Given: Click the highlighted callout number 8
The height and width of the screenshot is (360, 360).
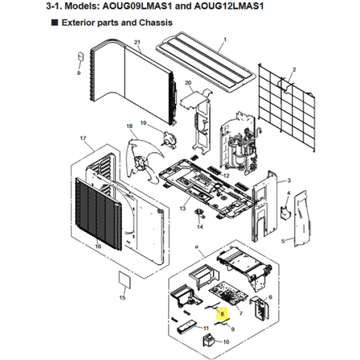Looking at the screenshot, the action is [x=222, y=314].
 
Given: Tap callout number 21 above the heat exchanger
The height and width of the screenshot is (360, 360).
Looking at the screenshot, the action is [x=138, y=42].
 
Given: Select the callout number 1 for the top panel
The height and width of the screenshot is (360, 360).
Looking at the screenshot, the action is [x=225, y=40].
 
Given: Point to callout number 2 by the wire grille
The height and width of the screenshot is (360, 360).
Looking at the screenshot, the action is [x=294, y=70].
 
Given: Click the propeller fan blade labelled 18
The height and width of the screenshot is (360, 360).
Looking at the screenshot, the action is [x=143, y=160].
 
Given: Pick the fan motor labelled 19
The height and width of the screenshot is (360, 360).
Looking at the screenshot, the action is [x=169, y=138].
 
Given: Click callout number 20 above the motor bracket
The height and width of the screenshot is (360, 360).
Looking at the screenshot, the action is [x=188, y=83].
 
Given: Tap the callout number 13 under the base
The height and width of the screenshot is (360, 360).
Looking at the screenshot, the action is [x=182, y=208].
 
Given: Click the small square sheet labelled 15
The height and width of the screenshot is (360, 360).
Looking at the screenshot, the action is [x=125, y=280].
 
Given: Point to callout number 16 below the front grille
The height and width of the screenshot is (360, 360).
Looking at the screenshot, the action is [x=98, y=246].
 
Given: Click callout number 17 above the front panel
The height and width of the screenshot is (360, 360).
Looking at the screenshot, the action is [x=83, y=138].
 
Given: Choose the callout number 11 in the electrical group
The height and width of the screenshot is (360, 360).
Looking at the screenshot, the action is [x=206, y=329].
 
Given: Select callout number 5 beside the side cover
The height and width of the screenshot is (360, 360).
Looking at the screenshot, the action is [x=283, y=241].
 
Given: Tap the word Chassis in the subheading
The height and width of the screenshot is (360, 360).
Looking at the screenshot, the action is [x=156, y=23].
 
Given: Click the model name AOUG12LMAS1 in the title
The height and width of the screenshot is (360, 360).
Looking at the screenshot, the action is [x=229, y=6].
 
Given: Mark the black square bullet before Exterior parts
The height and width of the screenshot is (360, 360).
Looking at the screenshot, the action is [x=55, y=23].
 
